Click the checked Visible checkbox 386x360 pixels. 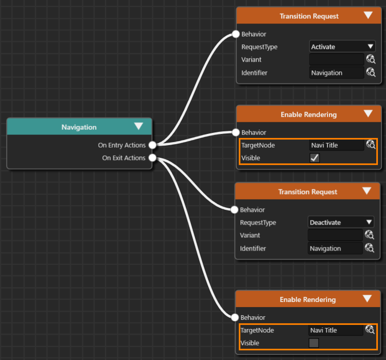click(x=315, y=158)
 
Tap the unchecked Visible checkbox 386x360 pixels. click(x=314, y=343)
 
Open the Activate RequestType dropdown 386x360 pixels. click(x=342, y=46)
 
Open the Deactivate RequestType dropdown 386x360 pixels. click(x=341, y=222)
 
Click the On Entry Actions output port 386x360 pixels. click(x=152, y=145)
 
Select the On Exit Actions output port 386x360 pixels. click(x=152, y=158)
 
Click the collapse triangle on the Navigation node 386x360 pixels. click(x=139, y=126)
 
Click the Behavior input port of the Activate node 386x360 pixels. click(x=236, y=34)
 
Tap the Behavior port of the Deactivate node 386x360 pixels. click(x=234, y=210)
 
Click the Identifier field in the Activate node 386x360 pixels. click(x=336, y=73)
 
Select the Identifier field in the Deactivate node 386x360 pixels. click(x=335, y=248)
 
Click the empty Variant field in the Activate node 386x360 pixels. click(x=336, y=60)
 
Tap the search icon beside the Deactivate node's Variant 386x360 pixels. click(x=370, y=235)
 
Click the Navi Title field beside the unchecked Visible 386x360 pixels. click(x=335, y=330)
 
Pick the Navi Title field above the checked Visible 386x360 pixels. click(x=336, y=145)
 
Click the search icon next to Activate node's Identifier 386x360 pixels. click(x=371, y=72)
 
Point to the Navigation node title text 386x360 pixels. click(x=79, y=127)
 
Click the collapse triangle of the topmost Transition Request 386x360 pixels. click(x=368, y=15)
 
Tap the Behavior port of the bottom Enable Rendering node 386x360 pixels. click(x=235, y=317)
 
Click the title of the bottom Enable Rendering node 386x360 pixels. click(x=308, y=299)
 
